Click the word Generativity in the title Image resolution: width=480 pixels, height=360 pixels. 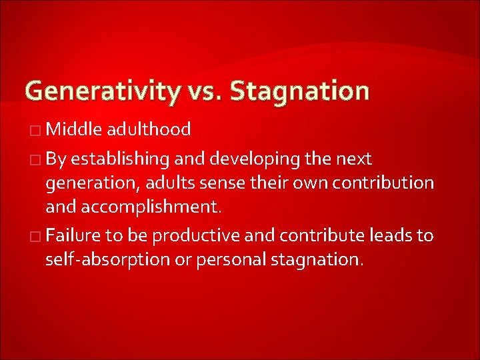102,90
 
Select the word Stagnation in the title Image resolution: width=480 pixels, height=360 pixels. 299,90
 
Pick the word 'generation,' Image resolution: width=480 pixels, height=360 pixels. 88,183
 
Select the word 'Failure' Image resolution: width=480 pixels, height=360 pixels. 72,235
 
